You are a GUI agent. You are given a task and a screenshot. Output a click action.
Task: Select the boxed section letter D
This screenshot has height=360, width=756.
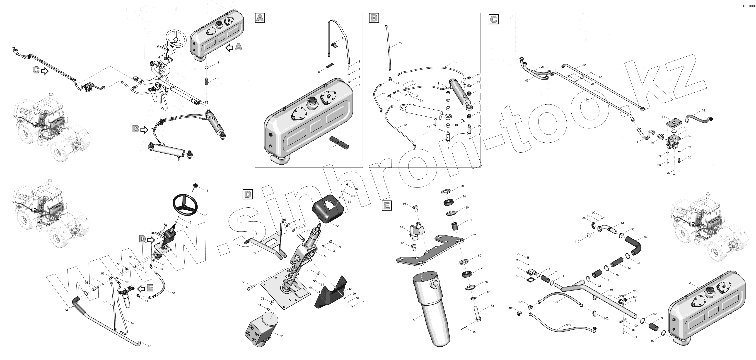point(248,194)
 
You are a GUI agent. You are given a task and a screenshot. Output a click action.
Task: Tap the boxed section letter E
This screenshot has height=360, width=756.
point(386,206)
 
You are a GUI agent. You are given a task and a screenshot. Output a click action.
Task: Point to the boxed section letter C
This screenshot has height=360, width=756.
point(494,19)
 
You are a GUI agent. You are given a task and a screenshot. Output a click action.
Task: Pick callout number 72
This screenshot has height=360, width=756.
point(281,336)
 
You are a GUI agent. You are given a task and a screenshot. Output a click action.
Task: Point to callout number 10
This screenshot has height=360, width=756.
point(455,62)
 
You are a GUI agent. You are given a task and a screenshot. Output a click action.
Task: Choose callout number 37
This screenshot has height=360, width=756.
point(669,173)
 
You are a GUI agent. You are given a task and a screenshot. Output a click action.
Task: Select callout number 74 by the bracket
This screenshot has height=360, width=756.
point(254,253)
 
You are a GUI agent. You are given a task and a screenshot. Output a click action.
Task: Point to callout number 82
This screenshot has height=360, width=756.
point(474,235)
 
